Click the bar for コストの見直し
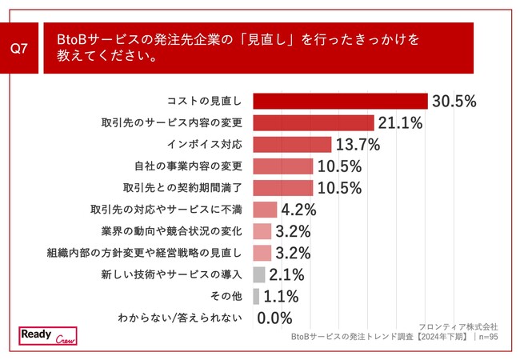[x=340, y=101]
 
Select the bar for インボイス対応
[x=292, y=144]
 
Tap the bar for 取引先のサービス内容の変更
[x=314, y=122]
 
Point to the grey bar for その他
[x=256, y=296]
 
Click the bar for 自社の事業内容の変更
[x=283, y=166]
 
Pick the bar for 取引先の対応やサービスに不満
[x=265, y=210]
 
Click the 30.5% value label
[x=454, y=101]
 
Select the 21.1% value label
[x=401, y=122]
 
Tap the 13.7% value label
[x=358, y=144]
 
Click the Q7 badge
[x=20, y=48]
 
